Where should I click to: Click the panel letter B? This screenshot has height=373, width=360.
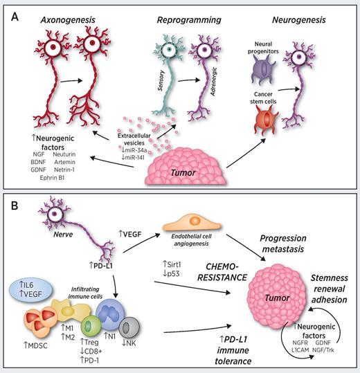click(15, 206)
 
